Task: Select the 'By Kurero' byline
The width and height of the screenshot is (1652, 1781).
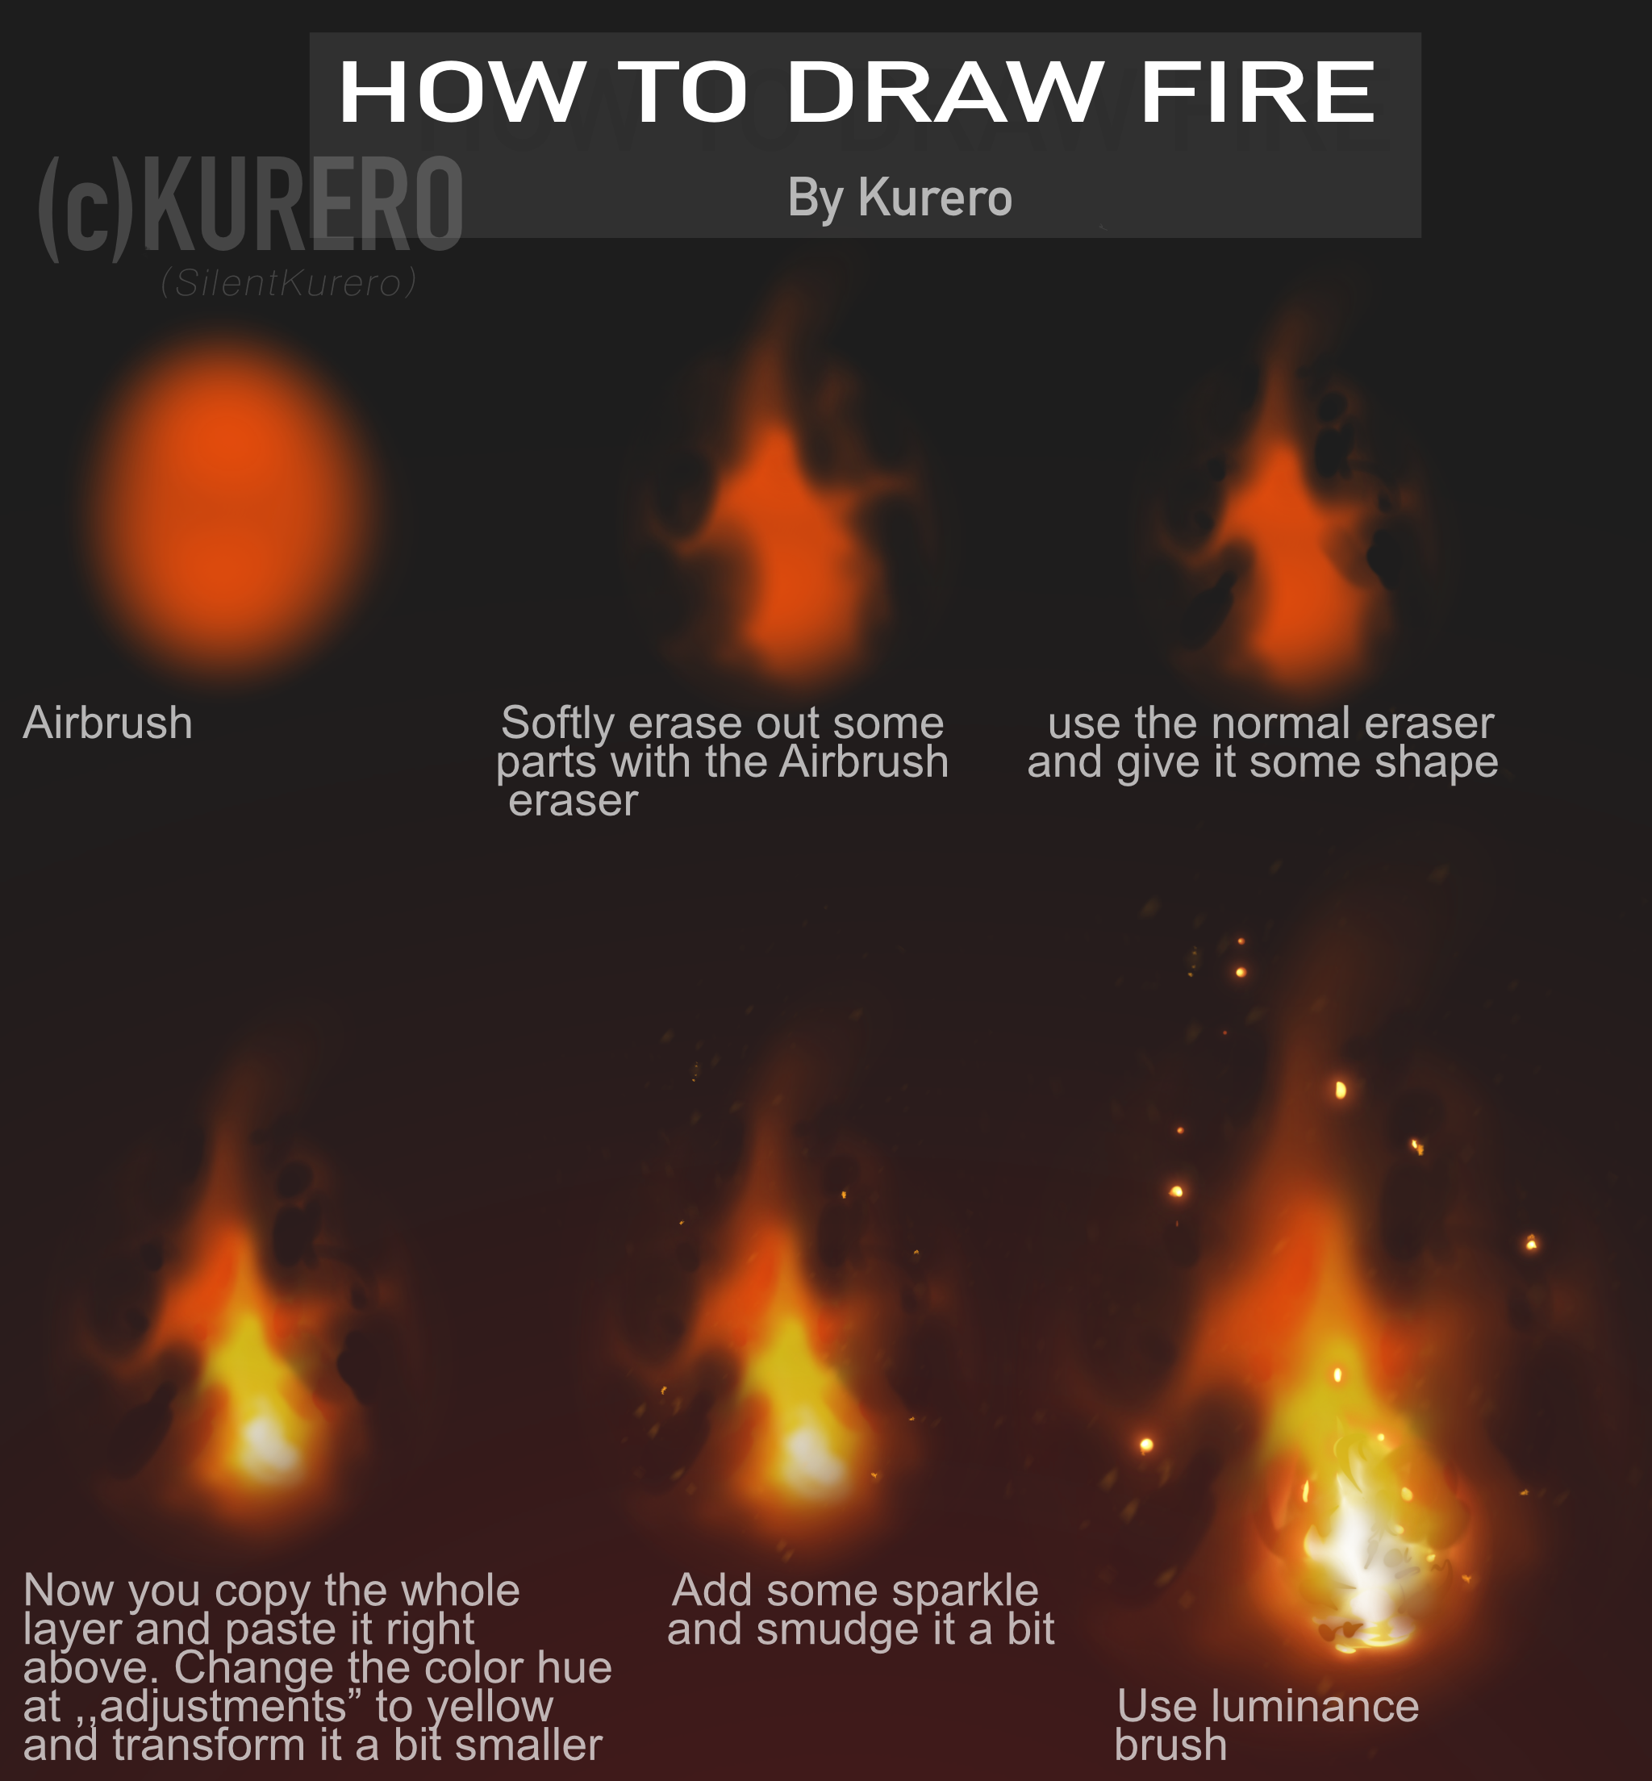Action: pos(899,198)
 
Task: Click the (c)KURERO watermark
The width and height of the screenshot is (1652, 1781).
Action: pos(250,208)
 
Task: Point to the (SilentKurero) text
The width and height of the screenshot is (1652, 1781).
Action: pos(289,283)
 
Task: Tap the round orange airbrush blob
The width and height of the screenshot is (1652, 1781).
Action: pos(231,505)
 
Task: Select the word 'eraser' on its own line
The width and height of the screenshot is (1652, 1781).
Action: pos(573,800)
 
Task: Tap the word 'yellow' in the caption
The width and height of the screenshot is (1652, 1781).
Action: pos(490,1706)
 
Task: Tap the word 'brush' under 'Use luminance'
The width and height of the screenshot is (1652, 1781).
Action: pos(1170,1745)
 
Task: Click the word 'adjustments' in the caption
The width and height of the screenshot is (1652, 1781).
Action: pos(223,1706)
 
